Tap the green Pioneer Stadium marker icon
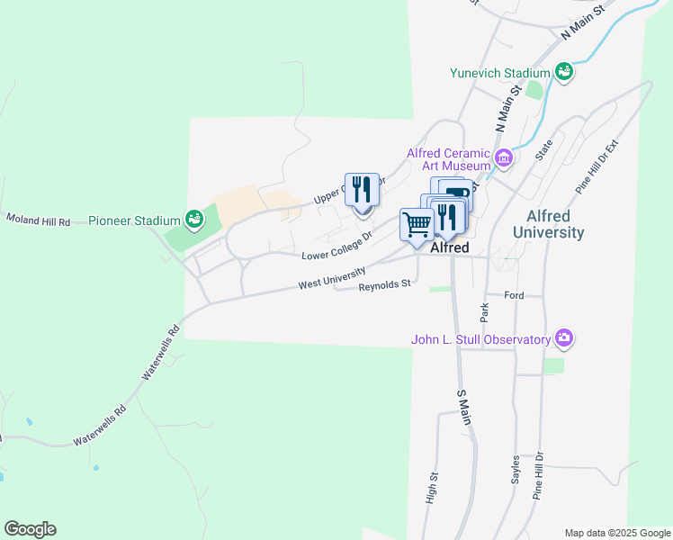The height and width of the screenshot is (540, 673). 193,219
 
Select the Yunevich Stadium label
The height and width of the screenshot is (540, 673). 501,73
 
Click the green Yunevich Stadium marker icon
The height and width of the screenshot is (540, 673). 564,71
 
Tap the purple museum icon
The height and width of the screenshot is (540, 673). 503,160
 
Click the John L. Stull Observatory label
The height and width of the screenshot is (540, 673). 480,339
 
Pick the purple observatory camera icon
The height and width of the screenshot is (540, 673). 564,339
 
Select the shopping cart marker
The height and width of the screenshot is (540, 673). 417,225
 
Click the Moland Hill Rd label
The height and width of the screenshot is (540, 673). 38,219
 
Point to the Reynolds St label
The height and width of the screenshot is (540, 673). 384,284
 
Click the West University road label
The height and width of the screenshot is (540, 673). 332,279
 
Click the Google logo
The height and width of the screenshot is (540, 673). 30,529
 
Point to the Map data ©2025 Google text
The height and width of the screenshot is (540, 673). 617,533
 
